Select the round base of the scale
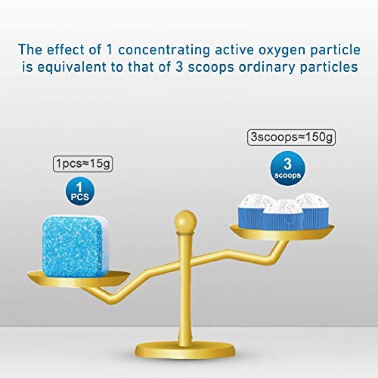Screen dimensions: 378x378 [185, 356]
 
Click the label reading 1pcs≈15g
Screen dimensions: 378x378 [83, 163]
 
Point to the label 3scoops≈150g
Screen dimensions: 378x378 [291, 137]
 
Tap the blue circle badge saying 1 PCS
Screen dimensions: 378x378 [80, 192]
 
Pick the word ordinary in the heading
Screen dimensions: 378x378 [267, 67]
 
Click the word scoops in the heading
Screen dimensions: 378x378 [211, 67]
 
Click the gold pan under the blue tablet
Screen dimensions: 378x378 [78, 278]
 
